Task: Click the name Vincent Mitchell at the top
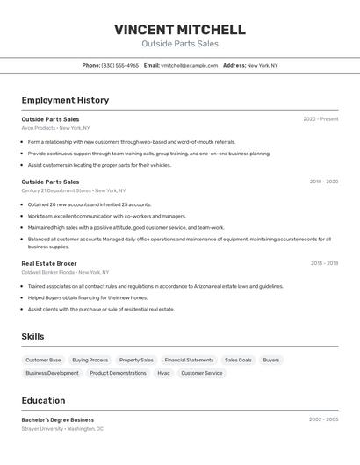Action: (179, 29)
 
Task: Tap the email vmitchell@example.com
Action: (189, 65)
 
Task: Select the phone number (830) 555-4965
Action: (120, 65)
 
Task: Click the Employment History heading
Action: (65, 100)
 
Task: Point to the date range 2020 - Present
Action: (320, 119)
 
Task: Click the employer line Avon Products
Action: (55, 128)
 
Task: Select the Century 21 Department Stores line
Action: (73, 190)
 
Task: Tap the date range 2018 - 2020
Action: (323, 182)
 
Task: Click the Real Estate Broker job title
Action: (49, 263)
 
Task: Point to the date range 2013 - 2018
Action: (323, 263)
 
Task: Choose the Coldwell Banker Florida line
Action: (65, 272)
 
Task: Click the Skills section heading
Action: (32, 336)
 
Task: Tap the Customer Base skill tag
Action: (43, 360)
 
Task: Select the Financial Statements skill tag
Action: (189, 360)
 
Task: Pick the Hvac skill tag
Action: (163, 373)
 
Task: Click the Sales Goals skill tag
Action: (238, 360)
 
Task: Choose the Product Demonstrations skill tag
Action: (118, 373)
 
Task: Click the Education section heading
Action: (43, 400)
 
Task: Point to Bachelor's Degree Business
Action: (58, 419)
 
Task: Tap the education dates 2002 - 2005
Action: (323, 419)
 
